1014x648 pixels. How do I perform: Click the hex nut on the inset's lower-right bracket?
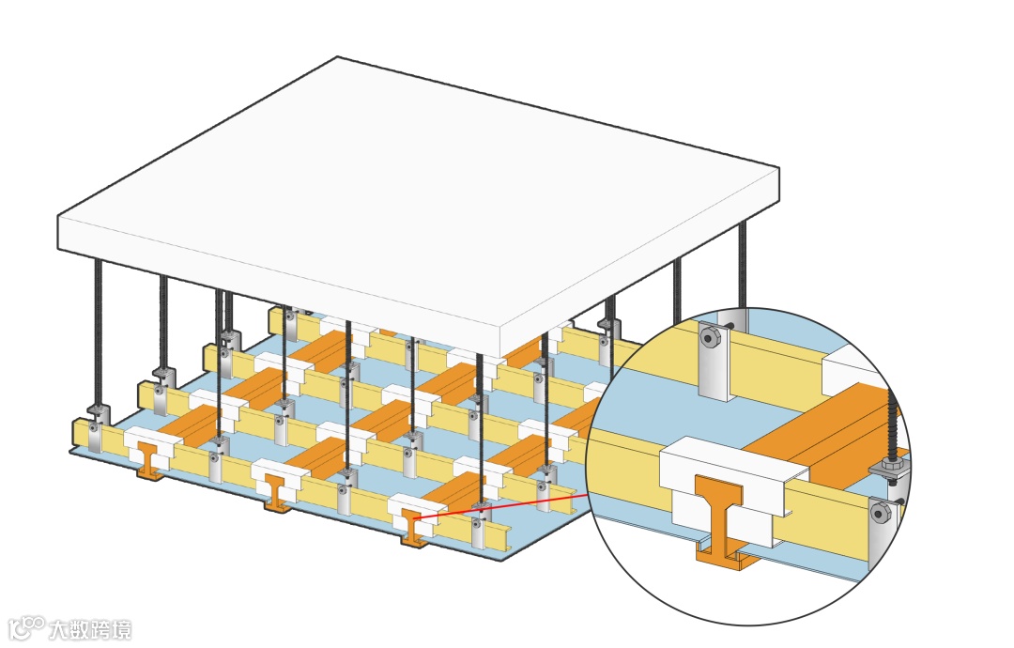881,512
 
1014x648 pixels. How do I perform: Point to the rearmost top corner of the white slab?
338,58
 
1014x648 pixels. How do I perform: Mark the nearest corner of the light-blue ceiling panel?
501,560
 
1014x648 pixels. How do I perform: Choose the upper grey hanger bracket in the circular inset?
715,362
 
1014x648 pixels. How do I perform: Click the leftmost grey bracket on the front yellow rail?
95,434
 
